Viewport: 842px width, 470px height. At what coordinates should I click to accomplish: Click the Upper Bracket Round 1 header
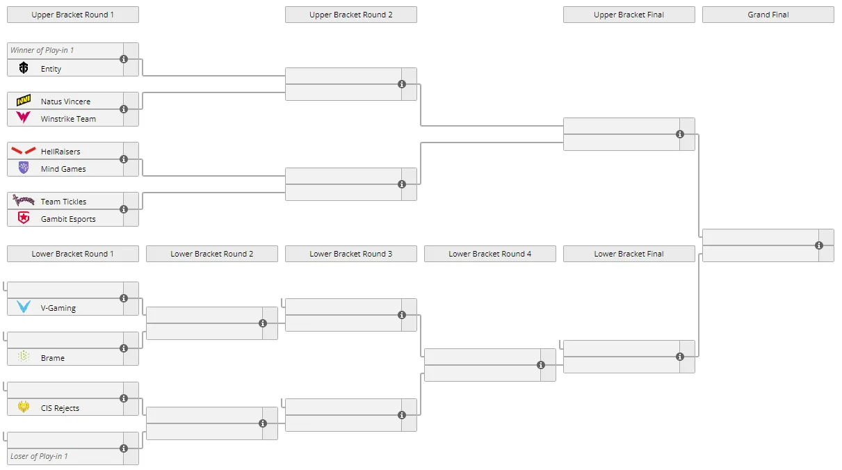[72, 15]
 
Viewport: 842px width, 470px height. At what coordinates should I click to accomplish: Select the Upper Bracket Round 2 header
[350, 15]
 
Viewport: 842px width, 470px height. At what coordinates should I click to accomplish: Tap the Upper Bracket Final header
[629, 15]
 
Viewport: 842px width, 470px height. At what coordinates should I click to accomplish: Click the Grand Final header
[768, 15]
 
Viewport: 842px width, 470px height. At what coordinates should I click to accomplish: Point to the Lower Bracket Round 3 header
[350, 254]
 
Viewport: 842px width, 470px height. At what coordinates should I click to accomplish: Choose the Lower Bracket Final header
[629, 254]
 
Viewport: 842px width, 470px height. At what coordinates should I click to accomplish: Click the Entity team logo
[24, 67]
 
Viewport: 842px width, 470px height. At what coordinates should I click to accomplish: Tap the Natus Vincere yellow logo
[24, 100]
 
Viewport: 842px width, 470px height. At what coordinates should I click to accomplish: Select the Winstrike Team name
[68, 119]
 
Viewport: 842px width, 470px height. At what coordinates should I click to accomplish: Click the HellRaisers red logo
[24, 151]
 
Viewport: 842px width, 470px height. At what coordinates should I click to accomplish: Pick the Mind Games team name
[63, 169]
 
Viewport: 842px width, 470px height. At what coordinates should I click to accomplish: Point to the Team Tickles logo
[24, 200]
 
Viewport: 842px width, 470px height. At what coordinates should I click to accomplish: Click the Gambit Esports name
[68, 219]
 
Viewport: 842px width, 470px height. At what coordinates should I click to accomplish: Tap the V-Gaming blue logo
[24, 307]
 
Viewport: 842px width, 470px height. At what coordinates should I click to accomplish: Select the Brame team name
[53, 358]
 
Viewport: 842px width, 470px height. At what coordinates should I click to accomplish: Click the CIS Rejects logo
[24, 407]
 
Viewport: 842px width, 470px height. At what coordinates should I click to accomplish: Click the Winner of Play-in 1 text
[42, 50]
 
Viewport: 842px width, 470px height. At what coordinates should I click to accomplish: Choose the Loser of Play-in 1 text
[39, 456]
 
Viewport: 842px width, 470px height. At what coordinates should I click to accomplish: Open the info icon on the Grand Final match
[819, 245]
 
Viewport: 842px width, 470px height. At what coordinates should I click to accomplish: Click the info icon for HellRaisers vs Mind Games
[124, 159]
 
